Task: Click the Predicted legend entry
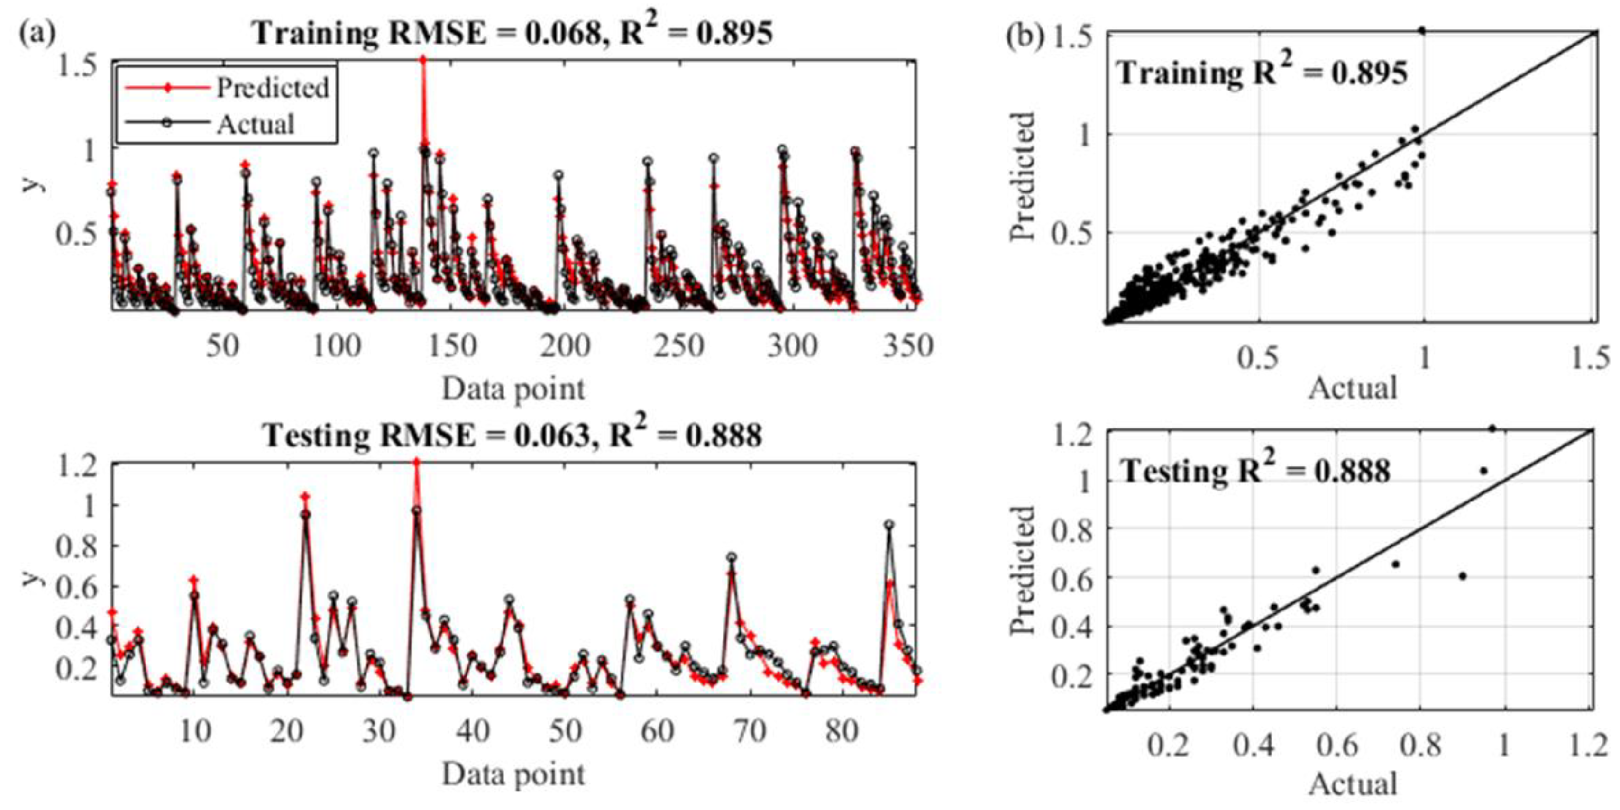272,87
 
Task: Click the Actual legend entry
256,124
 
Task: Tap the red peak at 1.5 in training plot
423,60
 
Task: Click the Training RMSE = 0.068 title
513,33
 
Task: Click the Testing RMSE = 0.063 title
513,435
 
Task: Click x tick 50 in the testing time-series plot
564,731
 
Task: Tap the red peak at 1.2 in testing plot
416,462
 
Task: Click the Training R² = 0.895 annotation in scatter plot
1262,73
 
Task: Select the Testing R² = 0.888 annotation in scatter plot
1256,470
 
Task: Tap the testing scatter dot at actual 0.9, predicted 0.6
1463,575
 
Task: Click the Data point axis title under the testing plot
513,774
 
